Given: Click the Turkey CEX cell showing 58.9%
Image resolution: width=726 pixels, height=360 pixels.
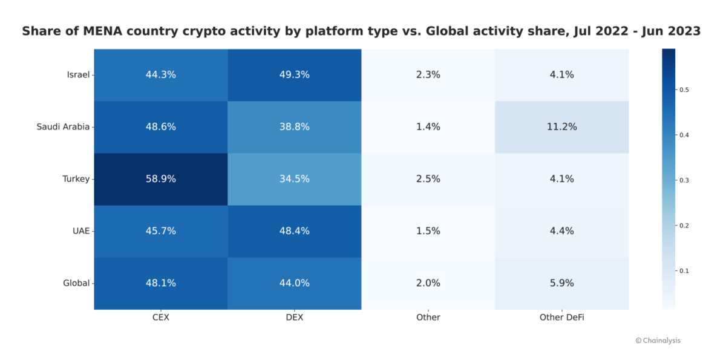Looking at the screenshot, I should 161,179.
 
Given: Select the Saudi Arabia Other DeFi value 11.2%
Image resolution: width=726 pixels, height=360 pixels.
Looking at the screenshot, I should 561,127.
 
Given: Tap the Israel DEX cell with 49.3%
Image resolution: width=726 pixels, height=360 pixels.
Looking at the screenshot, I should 295,75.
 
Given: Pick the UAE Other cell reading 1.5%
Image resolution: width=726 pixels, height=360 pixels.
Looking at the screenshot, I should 428,231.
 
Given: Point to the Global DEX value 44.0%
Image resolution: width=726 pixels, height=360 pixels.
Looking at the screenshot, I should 295,283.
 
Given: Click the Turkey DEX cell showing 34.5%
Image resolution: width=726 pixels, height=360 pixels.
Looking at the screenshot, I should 295,179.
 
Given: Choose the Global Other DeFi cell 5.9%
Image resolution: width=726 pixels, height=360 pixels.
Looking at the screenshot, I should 561,283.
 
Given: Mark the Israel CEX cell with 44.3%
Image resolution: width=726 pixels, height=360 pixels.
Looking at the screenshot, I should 161,75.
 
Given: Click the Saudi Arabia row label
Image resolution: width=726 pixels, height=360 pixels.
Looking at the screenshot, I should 63,127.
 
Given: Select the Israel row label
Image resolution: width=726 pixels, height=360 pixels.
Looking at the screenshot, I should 78,75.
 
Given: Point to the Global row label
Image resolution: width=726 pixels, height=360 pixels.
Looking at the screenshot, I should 76,283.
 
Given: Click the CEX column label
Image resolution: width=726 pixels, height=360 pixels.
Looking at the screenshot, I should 161,317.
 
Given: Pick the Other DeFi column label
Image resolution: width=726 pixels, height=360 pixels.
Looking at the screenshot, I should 561,317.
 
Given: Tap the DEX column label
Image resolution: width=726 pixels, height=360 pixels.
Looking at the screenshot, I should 295,317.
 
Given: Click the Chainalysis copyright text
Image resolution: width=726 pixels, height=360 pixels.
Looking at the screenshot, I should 658,341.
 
